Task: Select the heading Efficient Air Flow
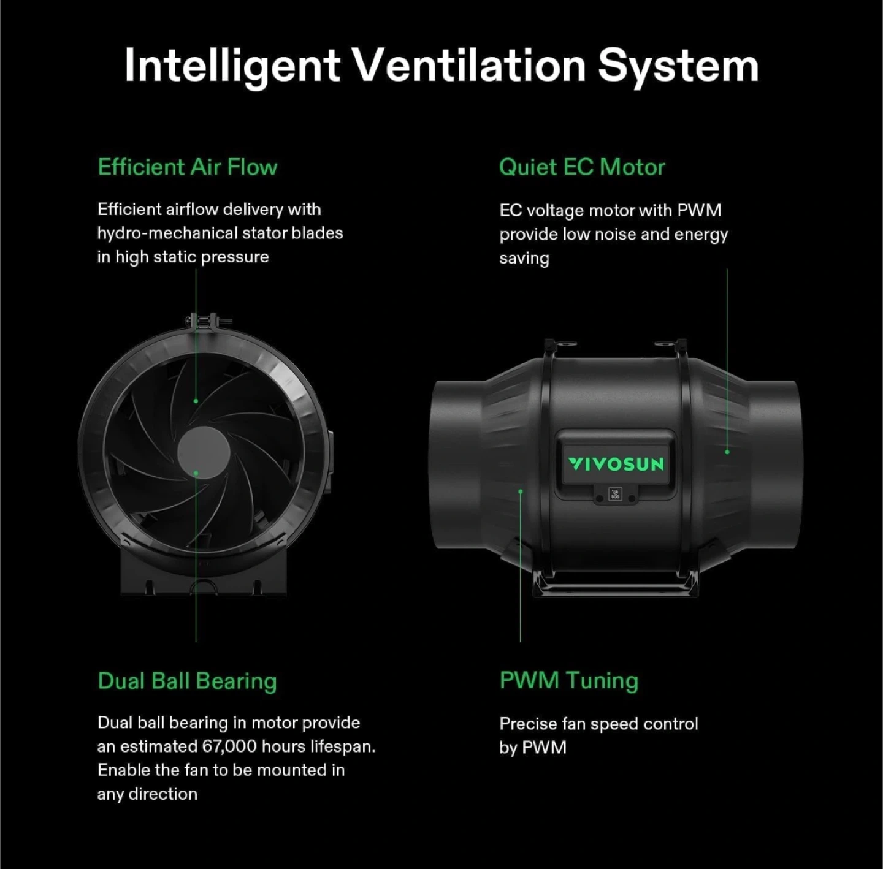pos(188,167)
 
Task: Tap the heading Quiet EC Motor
pos(582,167)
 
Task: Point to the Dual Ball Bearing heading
pos(188,681)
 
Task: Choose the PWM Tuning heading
pos(568,680)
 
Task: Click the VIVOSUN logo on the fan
pos(616,465)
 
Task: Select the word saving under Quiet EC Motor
pos(524,259)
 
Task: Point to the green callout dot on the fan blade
pos(196,401)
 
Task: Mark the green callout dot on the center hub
pos(196,472)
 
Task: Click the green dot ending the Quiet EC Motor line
pos(727,452)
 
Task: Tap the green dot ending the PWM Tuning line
pos(521,491)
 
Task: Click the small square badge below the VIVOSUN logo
pos(615,495)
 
